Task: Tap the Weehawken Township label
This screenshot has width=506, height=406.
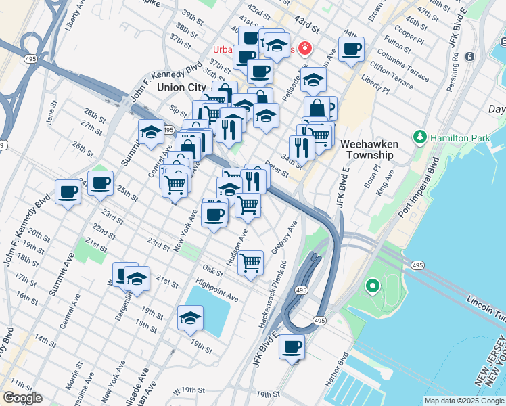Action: (x=367, y=150)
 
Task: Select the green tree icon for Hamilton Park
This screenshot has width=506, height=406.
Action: (x=421, y=137)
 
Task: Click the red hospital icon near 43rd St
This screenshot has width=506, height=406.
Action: (x=305, y=48)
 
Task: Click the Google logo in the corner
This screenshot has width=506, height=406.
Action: (x=22, y=398)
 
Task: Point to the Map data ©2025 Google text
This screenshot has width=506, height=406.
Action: (x=463, y=401)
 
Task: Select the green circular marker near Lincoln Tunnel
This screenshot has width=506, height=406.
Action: (x=371, y=286)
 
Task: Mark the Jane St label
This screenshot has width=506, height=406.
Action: (x=51, y=116)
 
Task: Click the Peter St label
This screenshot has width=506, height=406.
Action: (x=277, y=169)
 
